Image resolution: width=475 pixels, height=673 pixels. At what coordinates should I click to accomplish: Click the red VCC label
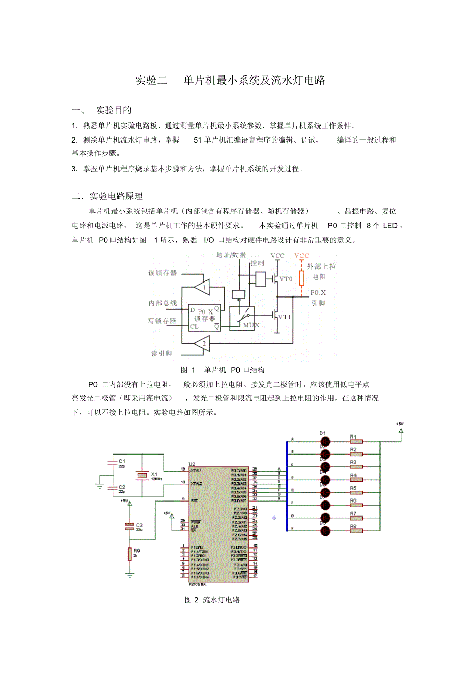point(302,256)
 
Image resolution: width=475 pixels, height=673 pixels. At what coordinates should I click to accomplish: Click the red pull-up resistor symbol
point(302,277)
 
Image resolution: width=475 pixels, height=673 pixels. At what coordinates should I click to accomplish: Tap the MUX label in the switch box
point(251,325)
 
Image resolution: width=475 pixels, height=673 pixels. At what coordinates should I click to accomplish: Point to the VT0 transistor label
point(286,279)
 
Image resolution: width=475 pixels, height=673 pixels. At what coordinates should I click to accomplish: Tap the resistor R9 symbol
point(130,554)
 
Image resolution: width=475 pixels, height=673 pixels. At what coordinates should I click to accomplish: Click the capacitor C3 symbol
point(129,527)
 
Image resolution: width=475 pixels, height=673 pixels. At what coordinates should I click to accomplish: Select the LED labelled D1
point(325,441)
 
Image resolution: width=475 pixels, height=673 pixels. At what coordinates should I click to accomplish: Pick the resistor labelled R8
point(356,530)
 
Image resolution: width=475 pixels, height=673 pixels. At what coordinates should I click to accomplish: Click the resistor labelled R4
point(356,479)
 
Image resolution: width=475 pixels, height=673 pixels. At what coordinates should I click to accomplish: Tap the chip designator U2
point(192,464)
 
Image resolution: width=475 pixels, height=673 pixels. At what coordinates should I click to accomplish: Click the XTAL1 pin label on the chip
point(196,471)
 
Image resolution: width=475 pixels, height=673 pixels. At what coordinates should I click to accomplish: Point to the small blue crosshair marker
point(274,518)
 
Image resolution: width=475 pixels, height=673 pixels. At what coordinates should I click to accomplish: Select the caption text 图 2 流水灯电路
point(212,600)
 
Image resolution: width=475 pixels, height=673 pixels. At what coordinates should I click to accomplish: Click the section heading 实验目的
point(114,110)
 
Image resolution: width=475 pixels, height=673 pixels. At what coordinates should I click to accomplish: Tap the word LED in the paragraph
point(390,226)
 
